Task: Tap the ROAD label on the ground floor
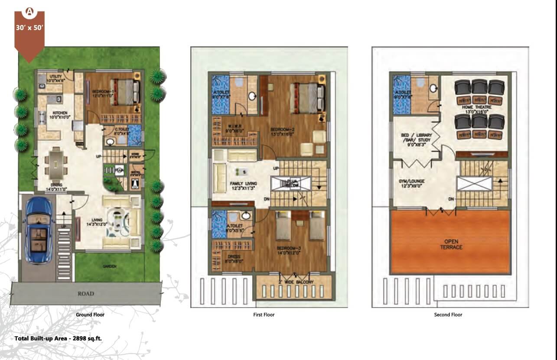(x=86, y=293)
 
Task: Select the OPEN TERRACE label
(x=451, y=244)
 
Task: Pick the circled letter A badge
(x=29, y=12)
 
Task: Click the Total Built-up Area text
(x=58, y=338)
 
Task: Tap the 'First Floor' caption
(x=264, y=315)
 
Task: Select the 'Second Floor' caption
(x=448, y=315)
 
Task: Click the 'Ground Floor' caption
(x=90, y=315)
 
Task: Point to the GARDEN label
(x=110, y=266)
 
